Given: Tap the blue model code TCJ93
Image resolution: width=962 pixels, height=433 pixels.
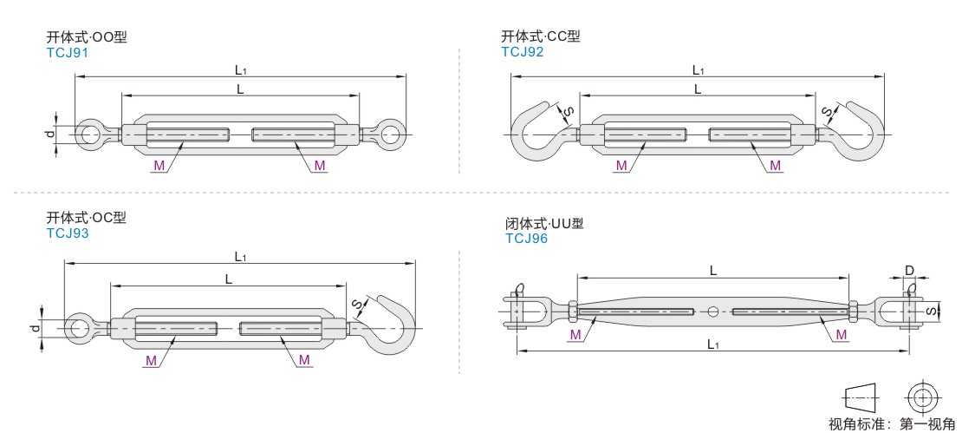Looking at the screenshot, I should point(67,233).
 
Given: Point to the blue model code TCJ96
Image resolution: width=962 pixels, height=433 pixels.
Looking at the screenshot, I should point(526,238).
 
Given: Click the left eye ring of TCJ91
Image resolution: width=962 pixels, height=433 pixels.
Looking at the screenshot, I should point(88,134).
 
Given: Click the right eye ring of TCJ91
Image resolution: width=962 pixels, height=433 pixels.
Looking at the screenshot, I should point(392,134).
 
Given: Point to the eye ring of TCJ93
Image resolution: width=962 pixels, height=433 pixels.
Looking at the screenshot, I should point(78,328).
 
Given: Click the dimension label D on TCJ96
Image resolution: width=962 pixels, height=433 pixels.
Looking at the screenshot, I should point(909,271).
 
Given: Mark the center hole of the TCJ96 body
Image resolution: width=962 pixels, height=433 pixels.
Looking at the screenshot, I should point(712,312).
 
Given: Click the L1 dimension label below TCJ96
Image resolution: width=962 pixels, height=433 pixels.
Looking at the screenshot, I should point(712,344).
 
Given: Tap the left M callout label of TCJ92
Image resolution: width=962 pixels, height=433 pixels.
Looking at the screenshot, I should point(621,165).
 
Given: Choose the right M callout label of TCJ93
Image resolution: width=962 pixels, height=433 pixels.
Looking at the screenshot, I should point(304,359).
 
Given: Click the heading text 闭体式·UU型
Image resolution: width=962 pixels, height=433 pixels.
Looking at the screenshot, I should point(543,224).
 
